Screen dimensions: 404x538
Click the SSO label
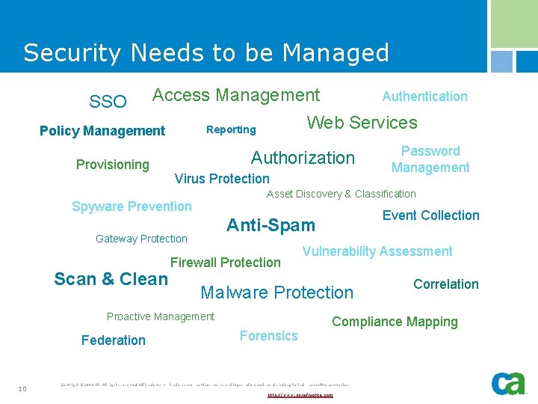[x=108, y=101]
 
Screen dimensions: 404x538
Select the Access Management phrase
[x=236, y=95]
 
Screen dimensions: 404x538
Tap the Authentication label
[x=424, y=96]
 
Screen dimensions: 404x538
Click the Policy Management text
[x=102, y=131]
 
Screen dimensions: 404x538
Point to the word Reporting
[x=231, y=129]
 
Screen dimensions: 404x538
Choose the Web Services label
[x=362, y=123]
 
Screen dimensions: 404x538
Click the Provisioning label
[x=113, y=165]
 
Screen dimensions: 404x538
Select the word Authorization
[x=303, y=157]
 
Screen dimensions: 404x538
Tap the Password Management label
[x=430, y=159]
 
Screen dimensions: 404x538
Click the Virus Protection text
[x=222, y=178]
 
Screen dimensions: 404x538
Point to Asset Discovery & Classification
[x=341, y=194]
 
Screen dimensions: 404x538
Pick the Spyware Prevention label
[x=132, y=206]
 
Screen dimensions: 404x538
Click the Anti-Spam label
[x=270, y=225]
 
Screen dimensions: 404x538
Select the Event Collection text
[x=431, y=215]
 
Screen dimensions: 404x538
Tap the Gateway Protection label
[x=141, y=239]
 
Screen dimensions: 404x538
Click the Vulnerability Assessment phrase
[x=377, y=251]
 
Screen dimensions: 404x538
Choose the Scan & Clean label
[x=111, y=279]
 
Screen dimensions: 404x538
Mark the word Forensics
[x=268, y=336]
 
